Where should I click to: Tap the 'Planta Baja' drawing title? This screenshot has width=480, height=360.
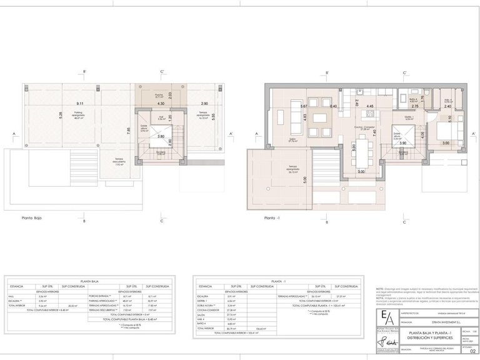[36, 219]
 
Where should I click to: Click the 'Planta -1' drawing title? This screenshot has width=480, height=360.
[272, 219]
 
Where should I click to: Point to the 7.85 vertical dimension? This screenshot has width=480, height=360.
[129, 131]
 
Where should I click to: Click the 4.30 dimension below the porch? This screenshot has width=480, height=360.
[161, 103]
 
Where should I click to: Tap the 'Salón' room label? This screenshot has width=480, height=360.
[292, 141]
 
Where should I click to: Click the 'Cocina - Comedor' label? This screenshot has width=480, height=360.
[363, 127]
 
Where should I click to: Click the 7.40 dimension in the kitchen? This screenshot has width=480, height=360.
[375, 132]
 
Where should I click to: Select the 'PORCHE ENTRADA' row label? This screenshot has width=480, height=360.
[102, 296]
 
